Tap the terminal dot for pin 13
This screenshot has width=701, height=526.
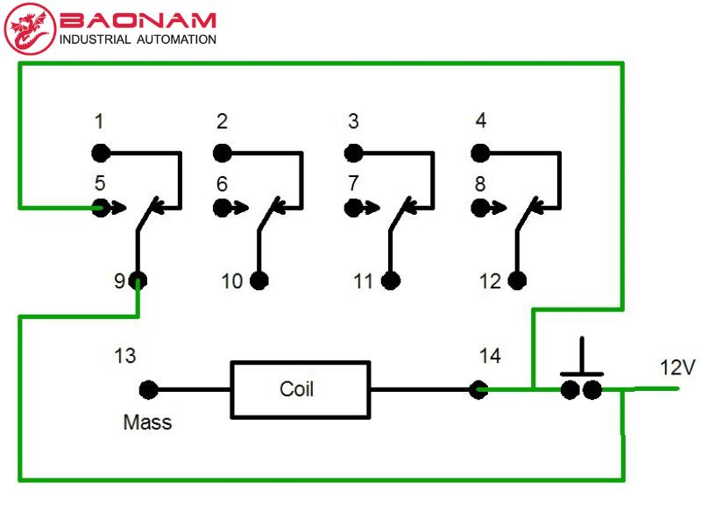pyautogui.click(x=148, y=389)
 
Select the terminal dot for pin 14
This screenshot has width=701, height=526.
pyautogui.click(x=478, y=389)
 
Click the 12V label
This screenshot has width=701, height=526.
pyautogui.click(x=677, y=367)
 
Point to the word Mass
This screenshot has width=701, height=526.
pyautogui.click(x=147, y=423)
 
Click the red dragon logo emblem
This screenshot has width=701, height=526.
pyautogui.click(x=30, y=29)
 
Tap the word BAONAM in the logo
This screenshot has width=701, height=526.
pyautogui.click(x=138, y=20)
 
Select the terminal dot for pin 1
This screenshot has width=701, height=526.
pyautogui.click(x=101, y=153)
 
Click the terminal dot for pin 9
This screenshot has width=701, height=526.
pyautogui.click(x=138, y=281)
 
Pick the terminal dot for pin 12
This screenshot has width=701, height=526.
pyautogui.click(x=517, y=281)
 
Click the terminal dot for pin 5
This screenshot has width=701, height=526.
pyautogui.click(x=101, y=208)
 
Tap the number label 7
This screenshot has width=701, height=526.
pyautogui.click(x=353, y=183)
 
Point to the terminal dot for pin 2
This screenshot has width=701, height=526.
pyautogui.click(x=223, y=153)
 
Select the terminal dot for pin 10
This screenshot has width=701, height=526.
pyautogui.click(x=259, y=281)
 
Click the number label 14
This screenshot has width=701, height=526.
pyautogui.click(x=490, y=356)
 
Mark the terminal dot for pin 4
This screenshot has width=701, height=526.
pyautogui.click(x=480, y=153)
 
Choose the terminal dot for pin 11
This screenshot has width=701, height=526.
pyautogui.click(x=391, y=281)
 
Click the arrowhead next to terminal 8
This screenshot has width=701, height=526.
pyautogui.click(x=498, y=208)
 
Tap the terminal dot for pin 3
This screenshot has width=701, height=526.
pyautogui.click(x=354, y=153)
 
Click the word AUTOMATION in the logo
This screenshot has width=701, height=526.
pyautogui.click(x=177, y=39)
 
